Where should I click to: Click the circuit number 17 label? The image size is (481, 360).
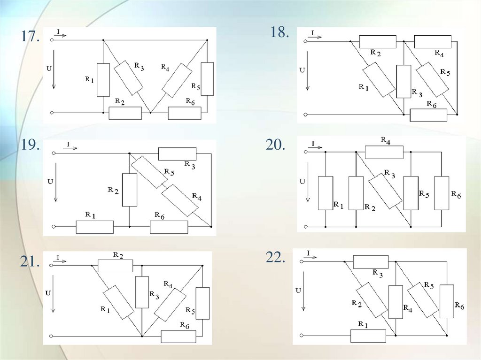(29, 37)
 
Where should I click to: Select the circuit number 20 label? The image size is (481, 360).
(275, 145)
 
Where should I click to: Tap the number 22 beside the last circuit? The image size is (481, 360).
(275, 257)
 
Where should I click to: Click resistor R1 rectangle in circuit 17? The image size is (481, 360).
(103, 79)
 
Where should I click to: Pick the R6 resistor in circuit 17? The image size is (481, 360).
(185, 113)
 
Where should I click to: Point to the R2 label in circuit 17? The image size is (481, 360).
(120, 102)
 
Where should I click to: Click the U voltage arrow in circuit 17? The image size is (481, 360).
(54, 77)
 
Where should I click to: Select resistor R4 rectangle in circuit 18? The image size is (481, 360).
(433, 41)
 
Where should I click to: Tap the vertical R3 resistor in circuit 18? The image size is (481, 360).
(403, 81)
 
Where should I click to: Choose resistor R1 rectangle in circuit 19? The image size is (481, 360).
(95, 227)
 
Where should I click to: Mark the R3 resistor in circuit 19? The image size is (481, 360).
(178, 153)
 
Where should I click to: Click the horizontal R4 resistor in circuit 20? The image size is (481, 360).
(384, 152)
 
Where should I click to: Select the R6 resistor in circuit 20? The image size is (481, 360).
(442, 193)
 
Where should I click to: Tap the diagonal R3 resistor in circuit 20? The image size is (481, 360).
(385, 191)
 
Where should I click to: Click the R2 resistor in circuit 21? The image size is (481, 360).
(116, 266)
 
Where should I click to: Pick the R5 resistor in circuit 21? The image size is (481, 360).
(202, 303)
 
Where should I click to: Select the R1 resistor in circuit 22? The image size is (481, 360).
(368, 336)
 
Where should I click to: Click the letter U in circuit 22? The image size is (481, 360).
(298, 291)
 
